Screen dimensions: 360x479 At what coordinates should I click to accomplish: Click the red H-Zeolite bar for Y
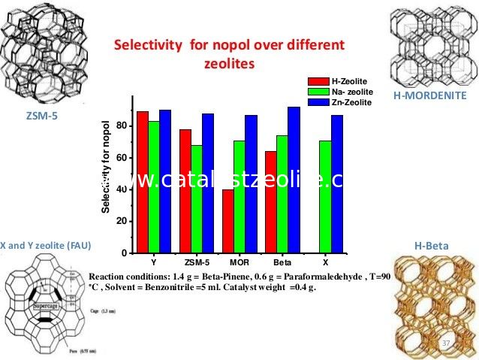tap(142, 182)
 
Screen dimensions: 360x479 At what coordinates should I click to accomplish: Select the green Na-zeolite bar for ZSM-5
tap(196, 198)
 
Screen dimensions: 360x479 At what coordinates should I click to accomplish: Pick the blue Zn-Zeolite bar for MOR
tap(251, 183)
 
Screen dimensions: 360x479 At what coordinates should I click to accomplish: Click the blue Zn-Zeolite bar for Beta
tap(294, 180)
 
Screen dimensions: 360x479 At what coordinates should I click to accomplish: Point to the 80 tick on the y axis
tap(122, 126)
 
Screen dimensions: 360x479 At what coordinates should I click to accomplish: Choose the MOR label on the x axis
tap(239, 264)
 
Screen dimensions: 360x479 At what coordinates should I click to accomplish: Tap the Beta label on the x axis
tap(282, 264)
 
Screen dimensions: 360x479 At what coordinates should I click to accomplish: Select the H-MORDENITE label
tap(429, 95)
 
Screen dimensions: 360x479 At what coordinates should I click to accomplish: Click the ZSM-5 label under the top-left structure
tap(41, 116)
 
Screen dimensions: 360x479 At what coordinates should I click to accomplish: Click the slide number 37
tap(446, 343)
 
